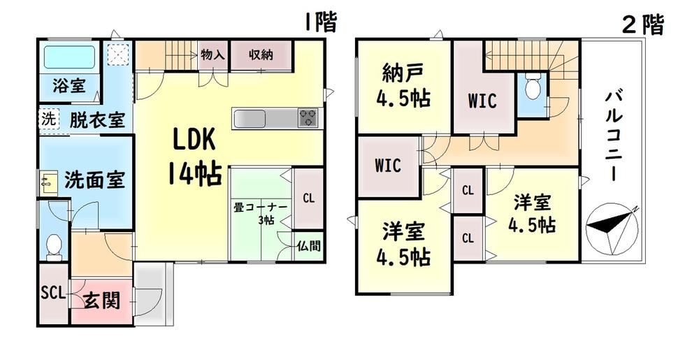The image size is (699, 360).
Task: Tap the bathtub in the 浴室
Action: point(69,57)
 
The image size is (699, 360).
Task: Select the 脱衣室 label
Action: point(97,120)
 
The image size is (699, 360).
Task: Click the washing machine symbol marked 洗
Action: point(48,119)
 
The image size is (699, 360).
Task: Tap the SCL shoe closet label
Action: point(53,294)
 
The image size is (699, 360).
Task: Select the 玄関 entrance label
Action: point(102,301)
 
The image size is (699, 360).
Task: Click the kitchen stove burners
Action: point(308,118)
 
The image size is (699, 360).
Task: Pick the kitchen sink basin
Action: point(250,119)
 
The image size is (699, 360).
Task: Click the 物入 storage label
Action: point(212,55)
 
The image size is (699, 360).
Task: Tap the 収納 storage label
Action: point(261,55)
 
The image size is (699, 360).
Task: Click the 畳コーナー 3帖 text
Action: point(261,213)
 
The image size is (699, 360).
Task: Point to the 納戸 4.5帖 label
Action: point(403,85)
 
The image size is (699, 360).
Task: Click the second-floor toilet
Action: point(532,87)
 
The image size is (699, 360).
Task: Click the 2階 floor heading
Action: point(643,24)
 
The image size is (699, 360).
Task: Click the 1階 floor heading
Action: point(320,22)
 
